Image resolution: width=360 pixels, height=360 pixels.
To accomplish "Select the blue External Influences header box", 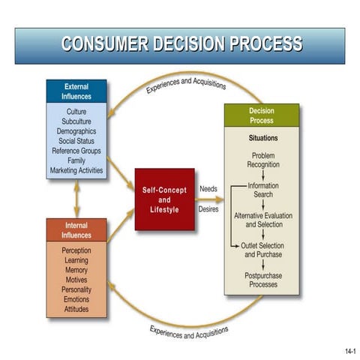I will click(x=76, y=91).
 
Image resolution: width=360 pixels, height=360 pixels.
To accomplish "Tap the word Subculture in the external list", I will click(x=76, y=121).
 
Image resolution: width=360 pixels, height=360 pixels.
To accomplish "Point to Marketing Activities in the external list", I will click(x=76, y=170).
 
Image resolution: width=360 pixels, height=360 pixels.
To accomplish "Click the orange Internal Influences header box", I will click(x=76, y=230).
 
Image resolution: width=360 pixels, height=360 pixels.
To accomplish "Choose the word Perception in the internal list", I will click(x=76, y=250).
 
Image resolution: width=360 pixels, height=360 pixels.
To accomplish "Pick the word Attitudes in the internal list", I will click(x=76, y=309).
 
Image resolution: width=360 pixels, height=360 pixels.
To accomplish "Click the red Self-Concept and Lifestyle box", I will click(x=164, y=199).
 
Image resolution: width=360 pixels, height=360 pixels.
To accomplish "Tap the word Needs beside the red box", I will click(x=208, y=188).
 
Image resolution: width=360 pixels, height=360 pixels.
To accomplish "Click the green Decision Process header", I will click(x=262, y=115).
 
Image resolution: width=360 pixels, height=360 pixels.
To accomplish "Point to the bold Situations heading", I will click(x=262, y=139).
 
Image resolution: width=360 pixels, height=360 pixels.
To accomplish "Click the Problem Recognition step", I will click(x=262, y=160).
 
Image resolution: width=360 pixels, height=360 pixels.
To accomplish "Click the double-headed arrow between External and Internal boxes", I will click(x=76, y=199).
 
